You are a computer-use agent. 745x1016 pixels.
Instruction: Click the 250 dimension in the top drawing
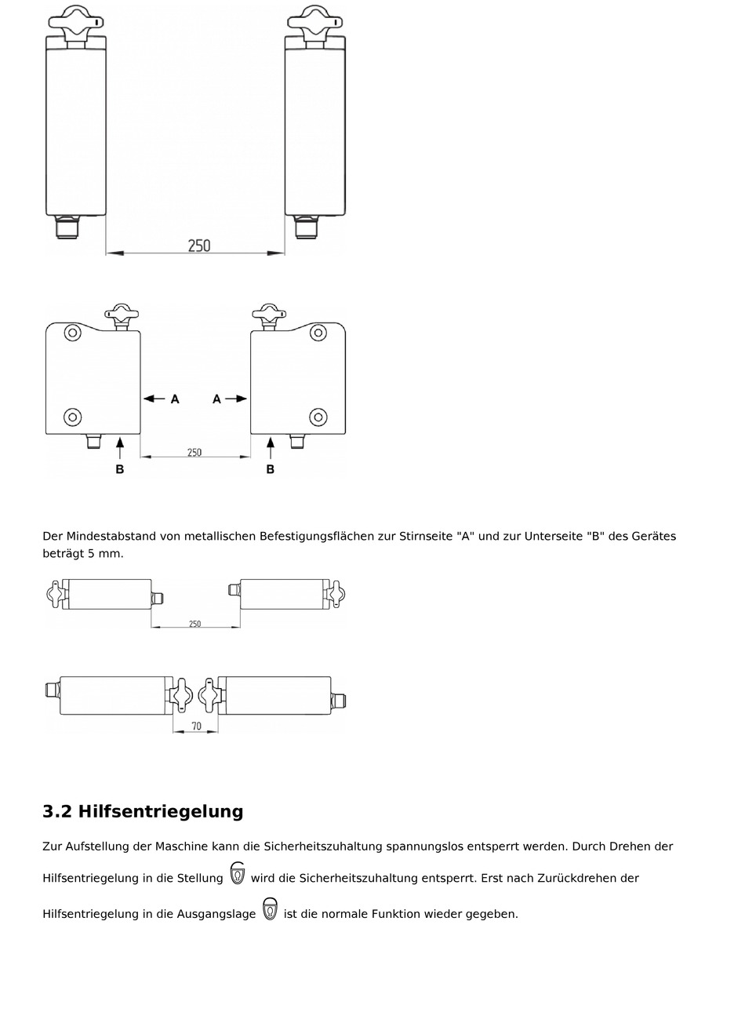199,246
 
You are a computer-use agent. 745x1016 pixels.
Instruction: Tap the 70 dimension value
196,726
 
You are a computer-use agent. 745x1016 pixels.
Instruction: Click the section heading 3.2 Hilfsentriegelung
143,811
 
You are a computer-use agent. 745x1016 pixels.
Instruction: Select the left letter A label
175,399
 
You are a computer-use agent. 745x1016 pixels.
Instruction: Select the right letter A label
217,399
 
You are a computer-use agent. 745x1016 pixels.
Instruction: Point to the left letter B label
120,469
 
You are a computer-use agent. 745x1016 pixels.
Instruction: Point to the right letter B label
271,469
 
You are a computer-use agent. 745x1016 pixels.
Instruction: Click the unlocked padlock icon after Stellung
238,873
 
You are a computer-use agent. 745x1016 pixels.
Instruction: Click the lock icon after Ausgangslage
270,909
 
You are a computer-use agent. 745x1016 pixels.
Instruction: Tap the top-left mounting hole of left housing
72,333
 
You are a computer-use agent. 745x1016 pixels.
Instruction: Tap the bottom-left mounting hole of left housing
72,416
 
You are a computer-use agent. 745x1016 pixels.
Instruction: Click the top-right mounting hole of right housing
318,333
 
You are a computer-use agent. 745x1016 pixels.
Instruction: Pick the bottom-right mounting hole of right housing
318,416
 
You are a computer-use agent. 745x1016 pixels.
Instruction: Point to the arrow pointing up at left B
120,448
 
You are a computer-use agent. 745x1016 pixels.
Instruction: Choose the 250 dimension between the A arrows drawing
194,452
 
